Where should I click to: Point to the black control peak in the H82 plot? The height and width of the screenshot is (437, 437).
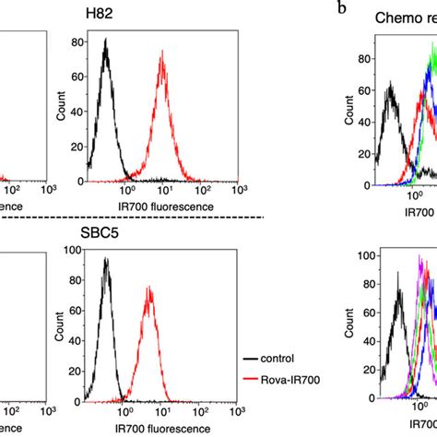(x=106, y=52)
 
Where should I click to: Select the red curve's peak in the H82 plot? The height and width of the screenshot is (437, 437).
(x=162, y=55)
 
